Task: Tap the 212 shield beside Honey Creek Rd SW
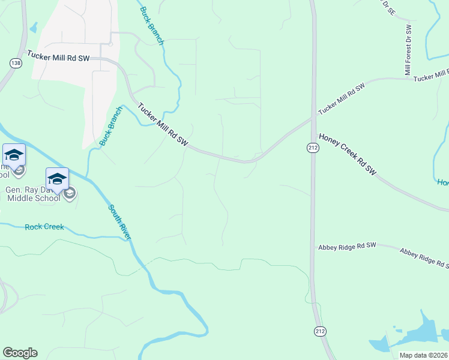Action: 312,148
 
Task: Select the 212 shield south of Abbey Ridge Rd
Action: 320,331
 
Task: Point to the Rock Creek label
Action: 44,227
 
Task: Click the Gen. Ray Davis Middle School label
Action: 33,193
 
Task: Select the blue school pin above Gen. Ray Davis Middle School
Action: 57,178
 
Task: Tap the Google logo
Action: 20,353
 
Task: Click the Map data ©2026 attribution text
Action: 423,355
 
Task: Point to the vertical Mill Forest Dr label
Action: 409,50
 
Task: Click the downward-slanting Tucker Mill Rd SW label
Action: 163,125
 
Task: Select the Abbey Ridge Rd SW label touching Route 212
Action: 346,246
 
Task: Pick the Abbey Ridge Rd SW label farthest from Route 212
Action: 424,257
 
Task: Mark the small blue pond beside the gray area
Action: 33,28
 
